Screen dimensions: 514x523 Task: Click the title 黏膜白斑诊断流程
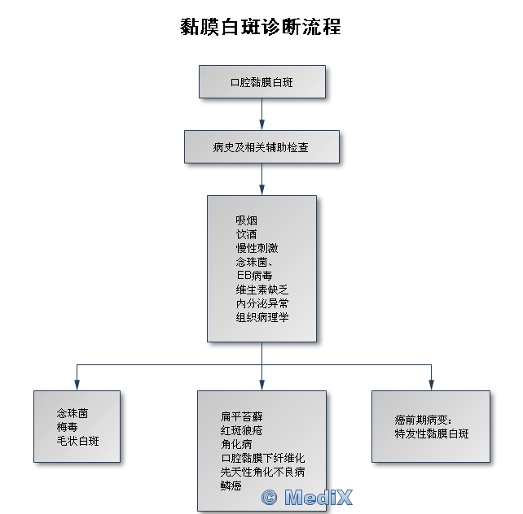261,27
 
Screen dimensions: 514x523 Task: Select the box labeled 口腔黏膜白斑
263,82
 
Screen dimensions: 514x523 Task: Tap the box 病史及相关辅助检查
261,147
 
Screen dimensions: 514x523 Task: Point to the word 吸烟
246,220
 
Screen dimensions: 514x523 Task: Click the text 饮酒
246,234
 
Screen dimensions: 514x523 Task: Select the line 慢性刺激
257,248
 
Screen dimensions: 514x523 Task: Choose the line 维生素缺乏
261,290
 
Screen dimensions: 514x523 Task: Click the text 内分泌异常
261,303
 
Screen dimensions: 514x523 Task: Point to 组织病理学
261,317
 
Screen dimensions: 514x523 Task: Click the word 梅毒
67,427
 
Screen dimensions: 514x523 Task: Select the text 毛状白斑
77,441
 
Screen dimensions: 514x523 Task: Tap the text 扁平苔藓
241,416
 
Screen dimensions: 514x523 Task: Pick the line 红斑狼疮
241,430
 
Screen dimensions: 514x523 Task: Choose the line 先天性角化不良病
262,472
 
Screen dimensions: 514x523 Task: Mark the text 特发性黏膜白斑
431,434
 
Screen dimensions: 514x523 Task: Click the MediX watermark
307,497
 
